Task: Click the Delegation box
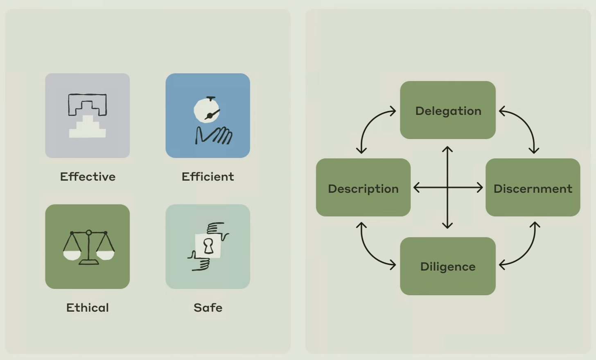[x=448, y=110]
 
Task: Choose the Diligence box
[x=448, y=266]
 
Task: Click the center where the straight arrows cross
[x=447, y=188]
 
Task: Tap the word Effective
[x=88, y=177]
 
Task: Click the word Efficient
[x=208, y=177]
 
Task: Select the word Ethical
[x=88, y=308]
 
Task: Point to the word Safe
[x=208, y=308]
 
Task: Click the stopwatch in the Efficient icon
[x=207, y=110]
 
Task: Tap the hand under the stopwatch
[x=214, y=136]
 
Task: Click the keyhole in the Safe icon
[x=208, y=246]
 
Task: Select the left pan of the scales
[x=72, y=255]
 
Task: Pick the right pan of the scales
[x=105, y=255]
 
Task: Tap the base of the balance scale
[x=88, y=262]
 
